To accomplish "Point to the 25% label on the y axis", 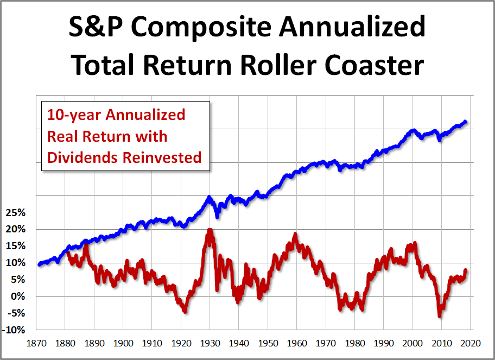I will click(15, 212).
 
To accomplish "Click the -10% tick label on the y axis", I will click(14, 330).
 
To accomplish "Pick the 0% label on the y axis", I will click(17, 296).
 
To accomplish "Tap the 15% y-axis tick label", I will click(15, 246).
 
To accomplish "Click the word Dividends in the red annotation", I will click(82, 157).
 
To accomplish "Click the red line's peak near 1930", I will click(210, 230).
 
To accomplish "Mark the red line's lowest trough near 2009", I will click(439, 315).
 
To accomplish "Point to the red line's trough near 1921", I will click(185, 311).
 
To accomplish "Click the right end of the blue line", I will click(466, 122).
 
